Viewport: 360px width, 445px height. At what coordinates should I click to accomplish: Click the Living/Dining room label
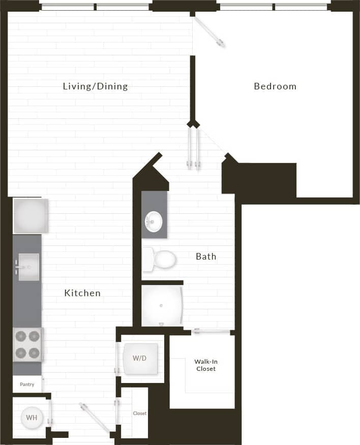(95, 86)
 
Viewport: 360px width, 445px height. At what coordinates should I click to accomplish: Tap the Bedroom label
(275, 86)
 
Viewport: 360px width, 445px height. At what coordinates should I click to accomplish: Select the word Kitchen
(82, 293)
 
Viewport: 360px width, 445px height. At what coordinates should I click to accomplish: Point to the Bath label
(206, 257)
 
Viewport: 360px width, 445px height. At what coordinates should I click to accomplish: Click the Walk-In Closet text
(205, 365)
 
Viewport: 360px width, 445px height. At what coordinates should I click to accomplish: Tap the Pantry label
(27, 385)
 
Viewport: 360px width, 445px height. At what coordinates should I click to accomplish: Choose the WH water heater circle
(32, 418)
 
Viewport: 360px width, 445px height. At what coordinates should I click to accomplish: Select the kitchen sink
(28, 267)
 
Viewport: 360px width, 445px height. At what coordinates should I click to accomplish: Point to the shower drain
(161, 306)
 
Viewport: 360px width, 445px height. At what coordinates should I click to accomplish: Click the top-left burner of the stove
(20, 336)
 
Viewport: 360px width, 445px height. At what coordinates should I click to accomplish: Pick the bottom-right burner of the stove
(35, 353)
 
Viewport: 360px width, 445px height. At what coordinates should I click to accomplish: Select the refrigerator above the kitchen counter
(30, 215)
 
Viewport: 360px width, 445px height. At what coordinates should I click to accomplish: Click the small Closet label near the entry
(140, 414)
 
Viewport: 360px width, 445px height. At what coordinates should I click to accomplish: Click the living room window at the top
(95, 7)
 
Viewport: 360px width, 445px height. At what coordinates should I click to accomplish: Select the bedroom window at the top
(274, 7)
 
